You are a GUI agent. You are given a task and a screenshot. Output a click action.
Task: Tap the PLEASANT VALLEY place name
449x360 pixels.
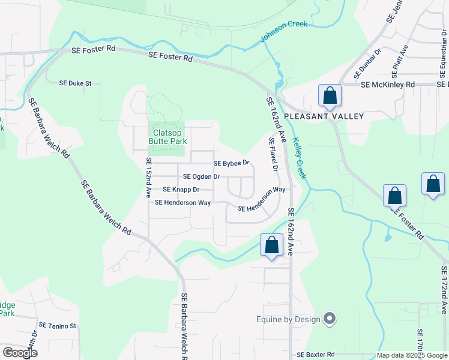coord(324,116)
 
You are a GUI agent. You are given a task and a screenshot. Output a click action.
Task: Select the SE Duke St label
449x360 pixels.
coord(76,83)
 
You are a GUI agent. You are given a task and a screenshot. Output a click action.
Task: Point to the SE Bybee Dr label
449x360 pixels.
coord(231,163)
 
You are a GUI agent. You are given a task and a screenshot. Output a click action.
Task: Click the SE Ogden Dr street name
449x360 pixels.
coord(202,176)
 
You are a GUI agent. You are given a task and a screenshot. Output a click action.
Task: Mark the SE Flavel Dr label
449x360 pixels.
coord(274,155)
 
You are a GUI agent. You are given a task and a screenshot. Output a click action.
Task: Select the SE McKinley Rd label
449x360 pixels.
coord(388,85)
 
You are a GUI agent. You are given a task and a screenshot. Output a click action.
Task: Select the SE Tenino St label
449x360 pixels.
coord(58,326)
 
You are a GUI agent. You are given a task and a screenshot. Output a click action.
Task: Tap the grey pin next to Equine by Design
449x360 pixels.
coord(330,319)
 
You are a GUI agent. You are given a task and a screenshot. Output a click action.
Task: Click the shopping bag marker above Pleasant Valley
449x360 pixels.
coord(330,95)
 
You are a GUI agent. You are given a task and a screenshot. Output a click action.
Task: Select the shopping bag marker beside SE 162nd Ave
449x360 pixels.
coord(271,245)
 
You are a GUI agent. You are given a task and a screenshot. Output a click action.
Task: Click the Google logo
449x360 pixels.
coord(20,353)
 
